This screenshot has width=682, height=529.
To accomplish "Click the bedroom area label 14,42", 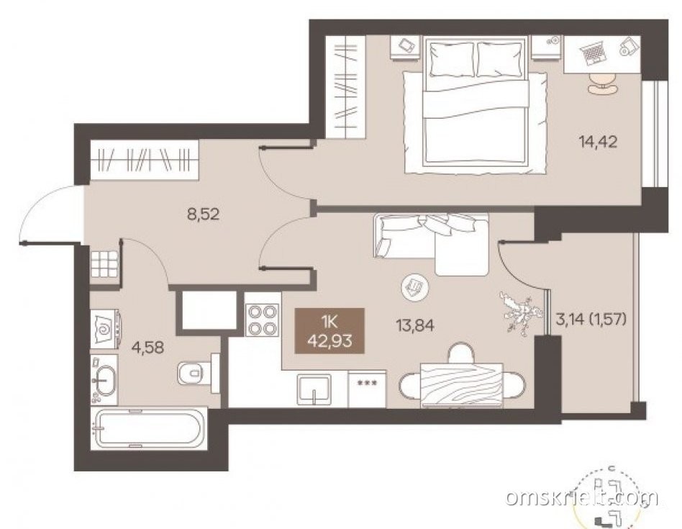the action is coord(598,142).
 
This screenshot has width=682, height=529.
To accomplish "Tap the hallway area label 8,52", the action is coord(203,214).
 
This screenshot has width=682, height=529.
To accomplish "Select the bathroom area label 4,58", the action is coord(149,348).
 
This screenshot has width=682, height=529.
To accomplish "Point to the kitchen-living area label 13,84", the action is coord(414,325).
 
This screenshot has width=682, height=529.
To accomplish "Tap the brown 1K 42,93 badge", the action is coord(329,330).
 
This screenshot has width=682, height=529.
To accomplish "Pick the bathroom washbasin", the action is coord(104,380).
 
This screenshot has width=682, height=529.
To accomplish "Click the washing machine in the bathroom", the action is coord(106,329).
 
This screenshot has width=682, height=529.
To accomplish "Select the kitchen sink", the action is coord(314,389).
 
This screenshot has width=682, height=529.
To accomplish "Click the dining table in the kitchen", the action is coord(461,386).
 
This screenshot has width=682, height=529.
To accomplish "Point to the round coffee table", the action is coord(415,287).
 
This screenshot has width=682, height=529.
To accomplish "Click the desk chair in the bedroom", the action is coord(602,83).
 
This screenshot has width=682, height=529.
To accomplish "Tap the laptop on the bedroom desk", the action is coord(592,53).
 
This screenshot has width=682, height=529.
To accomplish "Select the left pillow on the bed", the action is coord(452,59).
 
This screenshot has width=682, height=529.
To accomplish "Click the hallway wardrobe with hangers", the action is coord(145,160).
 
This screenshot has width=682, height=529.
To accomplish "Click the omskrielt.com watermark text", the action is coord(582,497).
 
